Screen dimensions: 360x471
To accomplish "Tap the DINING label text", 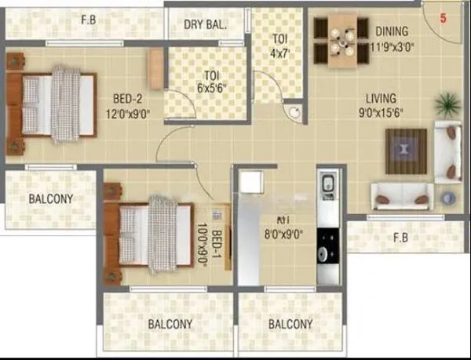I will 392,31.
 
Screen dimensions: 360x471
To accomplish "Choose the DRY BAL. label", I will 205,24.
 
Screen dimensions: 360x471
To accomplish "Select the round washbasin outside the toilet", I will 294,112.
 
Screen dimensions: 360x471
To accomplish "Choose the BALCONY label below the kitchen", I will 290,324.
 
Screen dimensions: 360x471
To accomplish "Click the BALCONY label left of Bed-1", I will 50,198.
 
